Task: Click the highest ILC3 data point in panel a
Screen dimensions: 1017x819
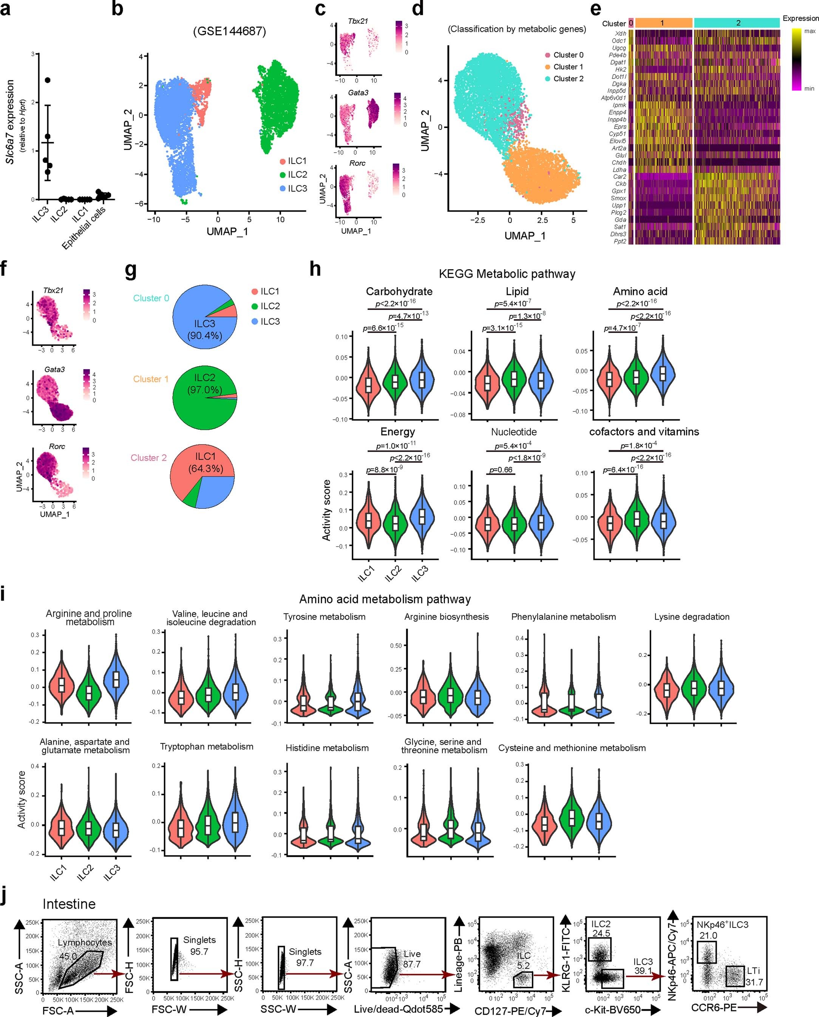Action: (x=48, y=80)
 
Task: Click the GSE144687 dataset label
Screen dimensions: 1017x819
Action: (x=229, y=32)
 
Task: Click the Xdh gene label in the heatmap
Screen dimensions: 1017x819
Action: (x=620, y=34)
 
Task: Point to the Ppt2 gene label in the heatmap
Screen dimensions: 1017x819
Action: (x=620, y=241)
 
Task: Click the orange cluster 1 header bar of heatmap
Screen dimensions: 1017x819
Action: (x=663, y=23)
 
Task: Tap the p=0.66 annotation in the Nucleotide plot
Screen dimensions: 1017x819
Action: (x=501, y=470)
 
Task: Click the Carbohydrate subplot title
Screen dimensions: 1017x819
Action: (x=399, y=291)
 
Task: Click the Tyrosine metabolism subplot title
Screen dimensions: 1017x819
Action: (x=324, y=617)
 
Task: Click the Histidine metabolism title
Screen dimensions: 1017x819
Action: (x=327, y=748)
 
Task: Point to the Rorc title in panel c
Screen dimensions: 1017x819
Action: (x=357, y=163)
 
